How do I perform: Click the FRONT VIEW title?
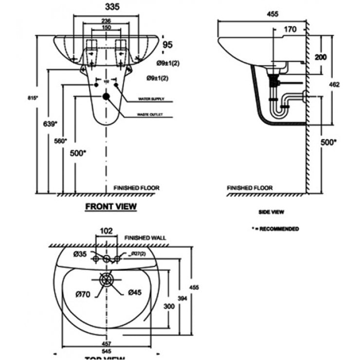[x=111, y=206]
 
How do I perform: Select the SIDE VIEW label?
[x=271, y=212]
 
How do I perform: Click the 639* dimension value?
[x=51, y=124]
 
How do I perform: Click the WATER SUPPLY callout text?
[x=151, y=99]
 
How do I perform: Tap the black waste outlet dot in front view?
[x=107, y=96]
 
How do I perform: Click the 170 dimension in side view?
[x=289, y=30]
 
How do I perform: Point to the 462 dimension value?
[x=334, y=85]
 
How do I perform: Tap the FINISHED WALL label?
[x=145, y=238]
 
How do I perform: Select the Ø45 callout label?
[x=135, y=292]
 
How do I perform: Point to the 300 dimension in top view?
[x=168, y=307]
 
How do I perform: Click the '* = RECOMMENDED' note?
[x=275, y=229]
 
